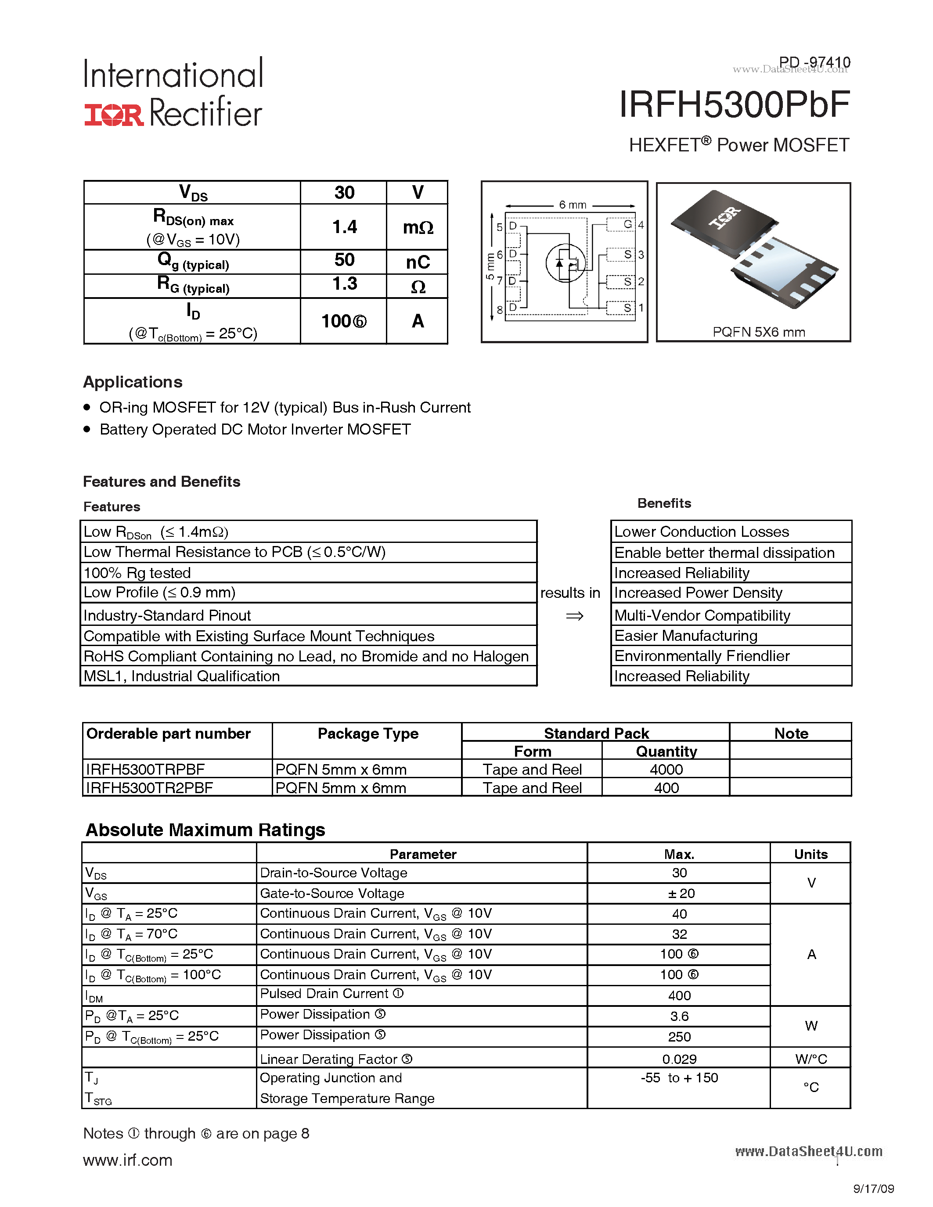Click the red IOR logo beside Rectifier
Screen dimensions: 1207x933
[113, 115]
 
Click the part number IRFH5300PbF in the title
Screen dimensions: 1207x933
[734, 104]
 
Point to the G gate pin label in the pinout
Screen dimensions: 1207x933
[627, 224]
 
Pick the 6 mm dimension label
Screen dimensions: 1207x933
[572, 205]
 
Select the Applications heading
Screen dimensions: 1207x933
[133, 382]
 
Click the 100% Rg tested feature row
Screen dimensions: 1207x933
[137, 572]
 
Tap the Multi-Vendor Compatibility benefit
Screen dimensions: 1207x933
[702, 615]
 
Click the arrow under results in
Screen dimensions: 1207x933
[574, 616]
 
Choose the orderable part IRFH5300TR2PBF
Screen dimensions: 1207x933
[149, 787]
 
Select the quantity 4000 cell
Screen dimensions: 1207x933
[666, 769]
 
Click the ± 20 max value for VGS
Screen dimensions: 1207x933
[679, 893]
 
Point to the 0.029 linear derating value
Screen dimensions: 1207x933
[679, 1059]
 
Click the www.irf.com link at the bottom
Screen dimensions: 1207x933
[128, 1160]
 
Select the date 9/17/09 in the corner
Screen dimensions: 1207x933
[873, 1189]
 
